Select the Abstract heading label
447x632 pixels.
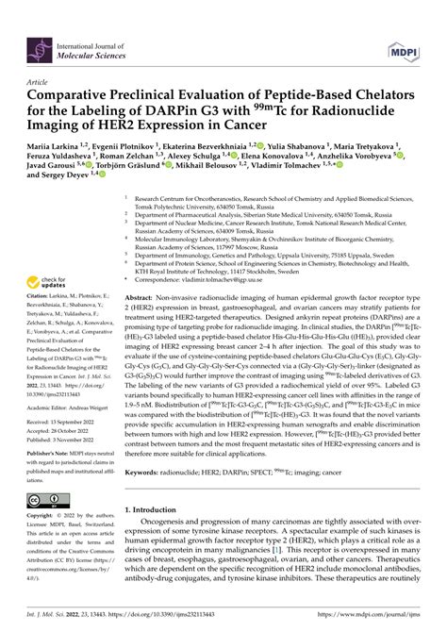(142, 269)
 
